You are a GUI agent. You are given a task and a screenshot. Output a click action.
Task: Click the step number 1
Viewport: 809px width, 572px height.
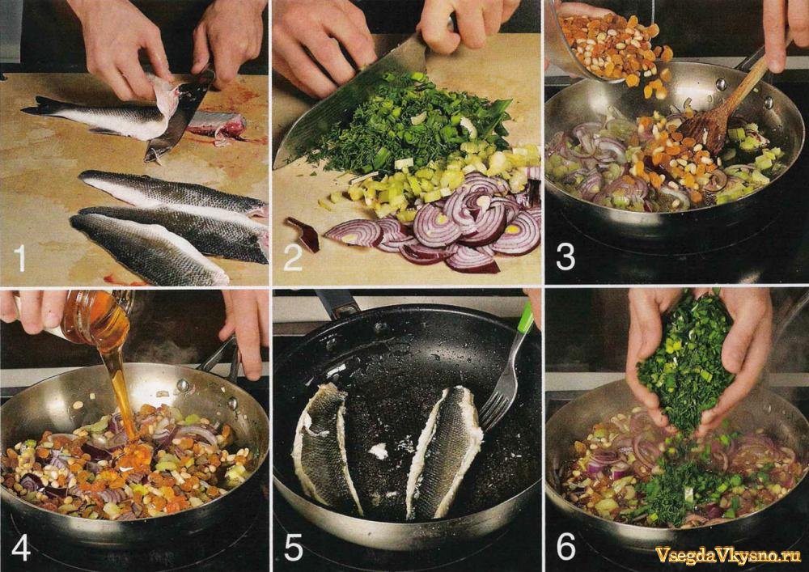[20, 258]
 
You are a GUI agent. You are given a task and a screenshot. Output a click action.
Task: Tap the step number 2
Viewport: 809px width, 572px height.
[293, 258]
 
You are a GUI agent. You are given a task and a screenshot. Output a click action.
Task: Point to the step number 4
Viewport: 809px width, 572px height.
[21, 547]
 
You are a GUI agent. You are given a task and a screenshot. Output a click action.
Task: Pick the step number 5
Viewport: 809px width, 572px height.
[293, 547]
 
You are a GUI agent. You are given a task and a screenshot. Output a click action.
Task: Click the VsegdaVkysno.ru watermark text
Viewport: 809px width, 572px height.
[727, 555]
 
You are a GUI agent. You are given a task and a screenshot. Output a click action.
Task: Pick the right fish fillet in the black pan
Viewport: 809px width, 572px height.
[443, 454]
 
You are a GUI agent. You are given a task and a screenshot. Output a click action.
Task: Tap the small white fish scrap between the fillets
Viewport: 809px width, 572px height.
[379, 451]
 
